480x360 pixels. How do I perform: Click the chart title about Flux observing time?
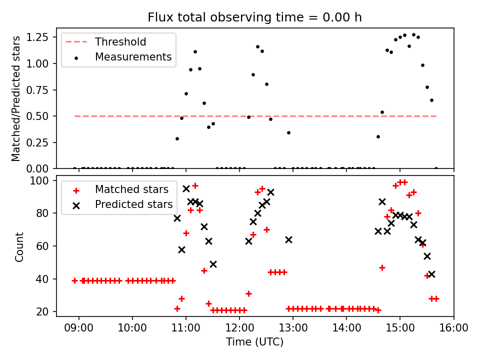pos(254,17)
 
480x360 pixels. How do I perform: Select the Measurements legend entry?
pos(133,57)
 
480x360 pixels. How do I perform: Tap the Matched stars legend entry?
pos(131,189)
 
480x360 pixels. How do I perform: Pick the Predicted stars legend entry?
pos(133,204)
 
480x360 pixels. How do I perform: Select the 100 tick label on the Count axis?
pos(42,180)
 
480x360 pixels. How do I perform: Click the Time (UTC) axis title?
pos(254,342)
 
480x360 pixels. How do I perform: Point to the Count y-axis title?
pos(19,246)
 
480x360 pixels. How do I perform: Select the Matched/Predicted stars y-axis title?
pos(16,98)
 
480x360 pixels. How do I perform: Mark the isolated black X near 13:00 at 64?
pos(288,239)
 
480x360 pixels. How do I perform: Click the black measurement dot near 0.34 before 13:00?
pos(288,132)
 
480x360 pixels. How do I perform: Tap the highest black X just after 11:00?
pos(186,188)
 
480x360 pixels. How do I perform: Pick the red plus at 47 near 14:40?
pos(382,267)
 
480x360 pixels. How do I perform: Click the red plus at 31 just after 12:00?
pos(248,293)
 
